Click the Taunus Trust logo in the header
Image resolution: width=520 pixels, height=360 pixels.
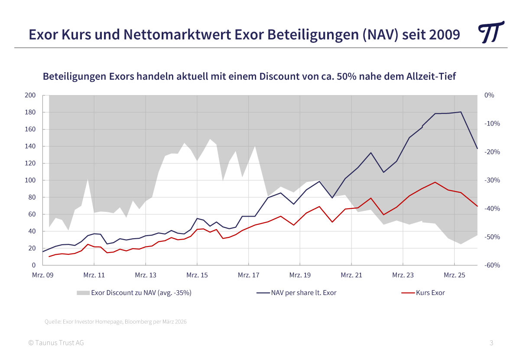coord(491,32)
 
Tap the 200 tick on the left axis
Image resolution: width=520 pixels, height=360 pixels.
coord(30,95)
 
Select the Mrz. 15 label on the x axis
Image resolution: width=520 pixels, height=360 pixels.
coord(197,275)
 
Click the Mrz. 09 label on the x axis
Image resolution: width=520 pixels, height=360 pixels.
coord(42,275)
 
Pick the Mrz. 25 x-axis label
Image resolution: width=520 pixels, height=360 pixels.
coord(454,275)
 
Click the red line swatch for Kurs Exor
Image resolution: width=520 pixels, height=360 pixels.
coord(408,293)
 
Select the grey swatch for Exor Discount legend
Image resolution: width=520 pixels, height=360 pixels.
coord(83,293)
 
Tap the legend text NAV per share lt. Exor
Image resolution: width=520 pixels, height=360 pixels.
coord(303,293)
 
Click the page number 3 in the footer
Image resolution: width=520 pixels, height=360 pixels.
coord(491,343)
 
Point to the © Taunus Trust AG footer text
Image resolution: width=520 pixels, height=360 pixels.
coord(56,343)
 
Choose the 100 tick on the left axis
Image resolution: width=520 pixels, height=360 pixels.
coord(30,180)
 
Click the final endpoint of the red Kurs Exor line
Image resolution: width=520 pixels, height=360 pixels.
coord(477,206)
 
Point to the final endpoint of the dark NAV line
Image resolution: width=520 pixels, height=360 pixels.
coord(477,149)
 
